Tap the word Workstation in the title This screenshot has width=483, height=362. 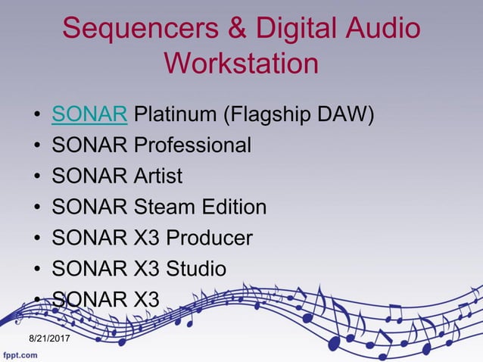241,62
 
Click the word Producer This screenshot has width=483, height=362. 209,238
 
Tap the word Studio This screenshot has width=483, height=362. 199,268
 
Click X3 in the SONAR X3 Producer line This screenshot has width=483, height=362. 147,238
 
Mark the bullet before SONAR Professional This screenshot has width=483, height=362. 37,147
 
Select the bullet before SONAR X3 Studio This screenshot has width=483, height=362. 37,270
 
